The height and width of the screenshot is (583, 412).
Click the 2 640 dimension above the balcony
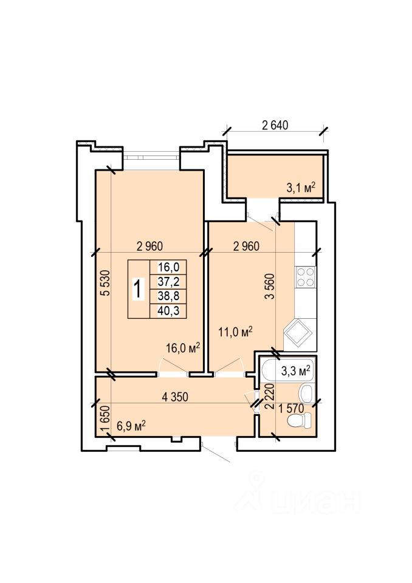tap(275, 125)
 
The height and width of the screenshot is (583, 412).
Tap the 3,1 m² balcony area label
tap(301, 187)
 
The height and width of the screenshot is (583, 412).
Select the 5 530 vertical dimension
tap(106, 282)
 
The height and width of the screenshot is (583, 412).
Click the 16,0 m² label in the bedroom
tap(183, 347)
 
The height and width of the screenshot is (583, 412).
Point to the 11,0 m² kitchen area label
tap(236, 332)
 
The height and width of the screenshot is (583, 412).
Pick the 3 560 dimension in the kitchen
tap(269, 286)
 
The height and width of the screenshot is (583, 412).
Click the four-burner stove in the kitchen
tap(305, 277)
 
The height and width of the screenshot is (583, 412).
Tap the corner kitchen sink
tap(297, 332)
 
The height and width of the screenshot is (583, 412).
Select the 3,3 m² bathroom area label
tap(296, 370)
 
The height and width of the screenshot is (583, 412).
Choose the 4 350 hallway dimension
tap(175, 397)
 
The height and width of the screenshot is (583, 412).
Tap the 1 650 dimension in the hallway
tap(106, 419)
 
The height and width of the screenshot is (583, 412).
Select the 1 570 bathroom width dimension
tap(292, 408)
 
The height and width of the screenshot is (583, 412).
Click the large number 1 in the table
tap(138, 289)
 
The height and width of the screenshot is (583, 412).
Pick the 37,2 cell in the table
tap(168, 282)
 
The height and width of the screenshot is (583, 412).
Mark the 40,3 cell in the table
tap(168, 310)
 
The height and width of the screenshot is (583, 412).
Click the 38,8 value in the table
tap(168, 296)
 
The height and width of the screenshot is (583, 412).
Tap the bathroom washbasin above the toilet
tap(306, 394)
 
